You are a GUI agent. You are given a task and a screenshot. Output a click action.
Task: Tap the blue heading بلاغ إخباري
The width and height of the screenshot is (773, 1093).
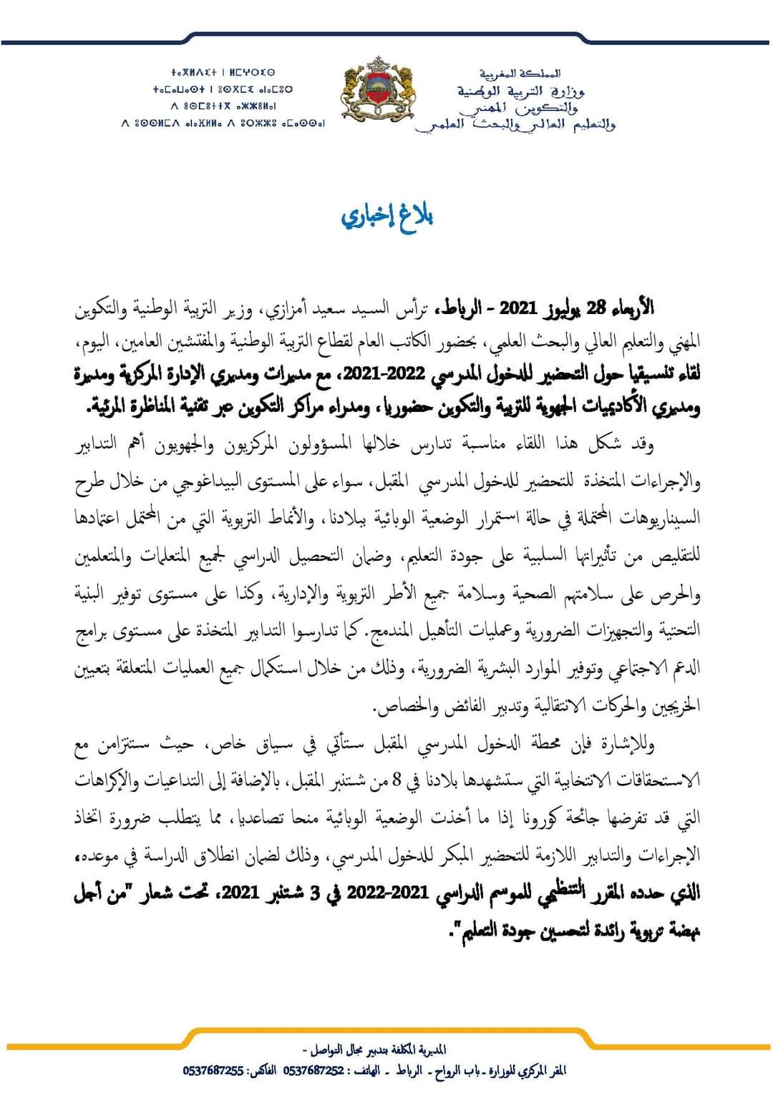pos(387,217)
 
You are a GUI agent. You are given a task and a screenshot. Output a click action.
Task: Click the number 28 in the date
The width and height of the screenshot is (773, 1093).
pos(596,308)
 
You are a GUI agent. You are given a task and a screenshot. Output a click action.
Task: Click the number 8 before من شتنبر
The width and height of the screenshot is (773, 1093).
pos(397,780)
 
